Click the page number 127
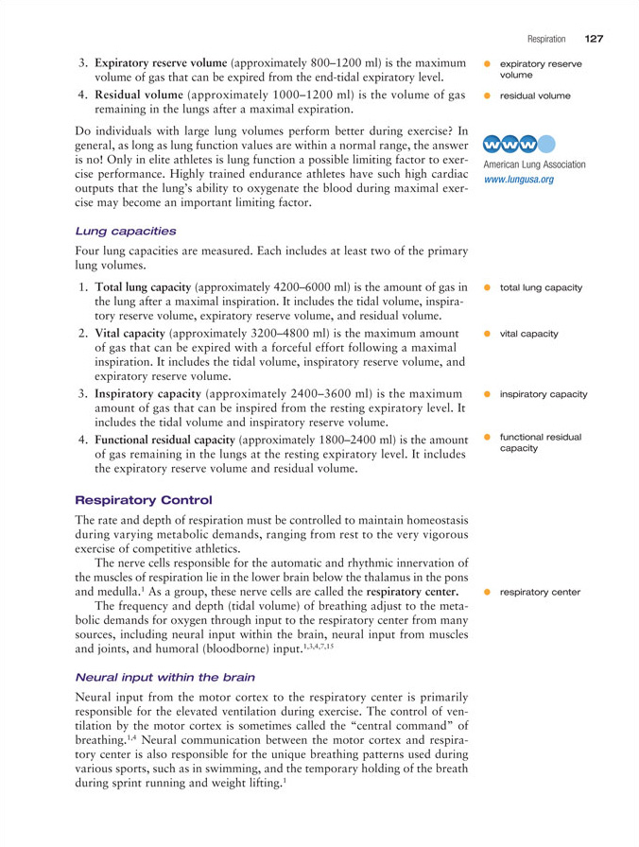pyautogui.click(x=594, y=39)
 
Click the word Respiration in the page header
pyautogui.click(x=546, y=40)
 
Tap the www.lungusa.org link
pyautogui.click(x=519, y=179)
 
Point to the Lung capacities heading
pyautogui.click(x=118, y=230)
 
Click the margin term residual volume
pyautogui.click(x=535, y=95)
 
